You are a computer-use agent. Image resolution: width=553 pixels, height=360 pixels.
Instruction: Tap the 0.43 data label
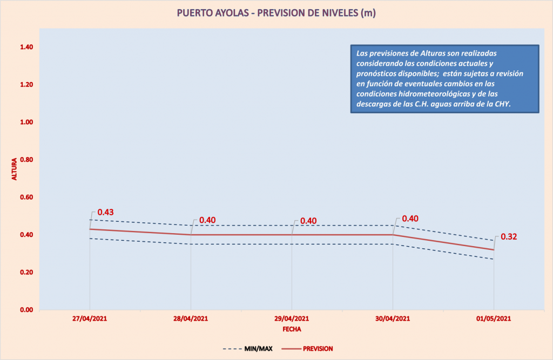[105, 212]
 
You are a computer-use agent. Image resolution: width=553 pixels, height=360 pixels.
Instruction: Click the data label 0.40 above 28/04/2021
[208, 220]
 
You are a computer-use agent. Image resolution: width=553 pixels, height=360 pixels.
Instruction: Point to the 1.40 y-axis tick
[26, 47]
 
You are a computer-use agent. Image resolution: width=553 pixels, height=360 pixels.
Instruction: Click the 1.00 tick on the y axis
[26, 123]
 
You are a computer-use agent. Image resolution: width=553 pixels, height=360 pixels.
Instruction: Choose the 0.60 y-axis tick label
[26, 198]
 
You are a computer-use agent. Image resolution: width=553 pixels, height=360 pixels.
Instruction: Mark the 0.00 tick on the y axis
[26, 310]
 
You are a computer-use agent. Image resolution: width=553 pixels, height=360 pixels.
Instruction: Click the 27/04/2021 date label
[90, 319]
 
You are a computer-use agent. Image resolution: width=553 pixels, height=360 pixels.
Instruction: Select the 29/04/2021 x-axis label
[292, 319]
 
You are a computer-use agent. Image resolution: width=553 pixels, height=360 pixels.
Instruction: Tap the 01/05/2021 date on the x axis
[494, 319]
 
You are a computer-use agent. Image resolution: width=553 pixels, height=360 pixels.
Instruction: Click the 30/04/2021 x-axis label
[393, 319]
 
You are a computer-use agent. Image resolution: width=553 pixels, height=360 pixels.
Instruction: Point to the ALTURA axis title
[15, 169]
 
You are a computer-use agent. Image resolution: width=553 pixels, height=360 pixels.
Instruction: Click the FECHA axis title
[292, 328]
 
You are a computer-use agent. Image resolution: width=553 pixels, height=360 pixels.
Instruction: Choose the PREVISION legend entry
[318, 349]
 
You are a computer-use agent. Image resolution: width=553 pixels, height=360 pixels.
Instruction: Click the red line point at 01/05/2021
[494, 250]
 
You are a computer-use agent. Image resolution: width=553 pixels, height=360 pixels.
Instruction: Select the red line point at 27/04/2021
[90, 229]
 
